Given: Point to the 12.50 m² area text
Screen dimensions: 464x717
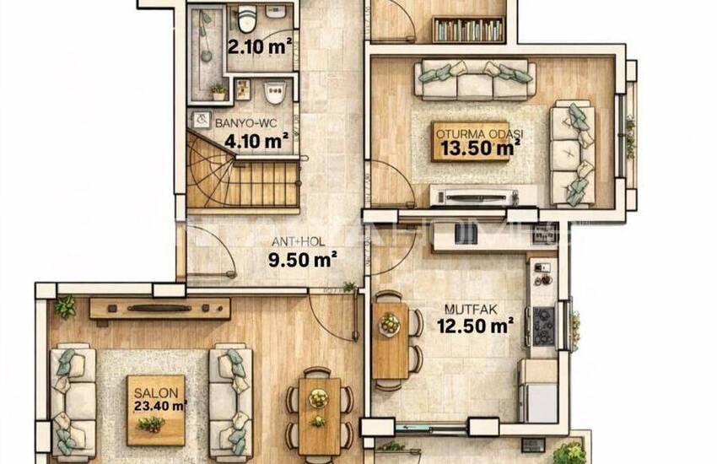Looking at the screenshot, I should [475, 326].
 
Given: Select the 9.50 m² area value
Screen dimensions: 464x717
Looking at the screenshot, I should [303, 258].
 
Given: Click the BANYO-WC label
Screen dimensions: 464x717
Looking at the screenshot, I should [241, 123].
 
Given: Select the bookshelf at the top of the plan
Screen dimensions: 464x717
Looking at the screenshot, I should [468, 30].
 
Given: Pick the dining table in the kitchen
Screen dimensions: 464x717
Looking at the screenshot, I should [390, 339].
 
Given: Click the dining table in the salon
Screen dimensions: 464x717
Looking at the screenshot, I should [319, 413].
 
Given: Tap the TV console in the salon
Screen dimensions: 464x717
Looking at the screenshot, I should [159, 308].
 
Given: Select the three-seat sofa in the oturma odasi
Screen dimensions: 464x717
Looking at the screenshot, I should [474, 79].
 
